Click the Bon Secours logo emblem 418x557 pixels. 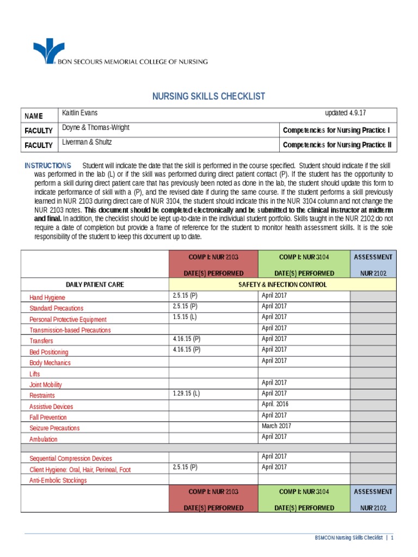(x=48, y=51)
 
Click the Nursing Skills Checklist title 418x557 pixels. (x=208, y=96)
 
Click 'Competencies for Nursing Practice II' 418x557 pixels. (x=336, y=145)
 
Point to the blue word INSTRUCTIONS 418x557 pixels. (x=48, y=165)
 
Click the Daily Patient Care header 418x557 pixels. (x=95, y=284)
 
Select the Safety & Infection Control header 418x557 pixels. (x=282, y=284)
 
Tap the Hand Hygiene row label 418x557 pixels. (x=47, y=298)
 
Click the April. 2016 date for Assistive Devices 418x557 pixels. (x=275, y=404)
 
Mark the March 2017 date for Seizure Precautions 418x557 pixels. (x=276, y=426)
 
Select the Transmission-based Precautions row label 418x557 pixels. (x=70, y=330)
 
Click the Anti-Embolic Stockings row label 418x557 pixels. (x=58, y=480)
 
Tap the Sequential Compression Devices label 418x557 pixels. (x=71, y=459)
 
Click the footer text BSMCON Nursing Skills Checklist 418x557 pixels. (x=349, y=538)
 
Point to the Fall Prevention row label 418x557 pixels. (x=48, y=417)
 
